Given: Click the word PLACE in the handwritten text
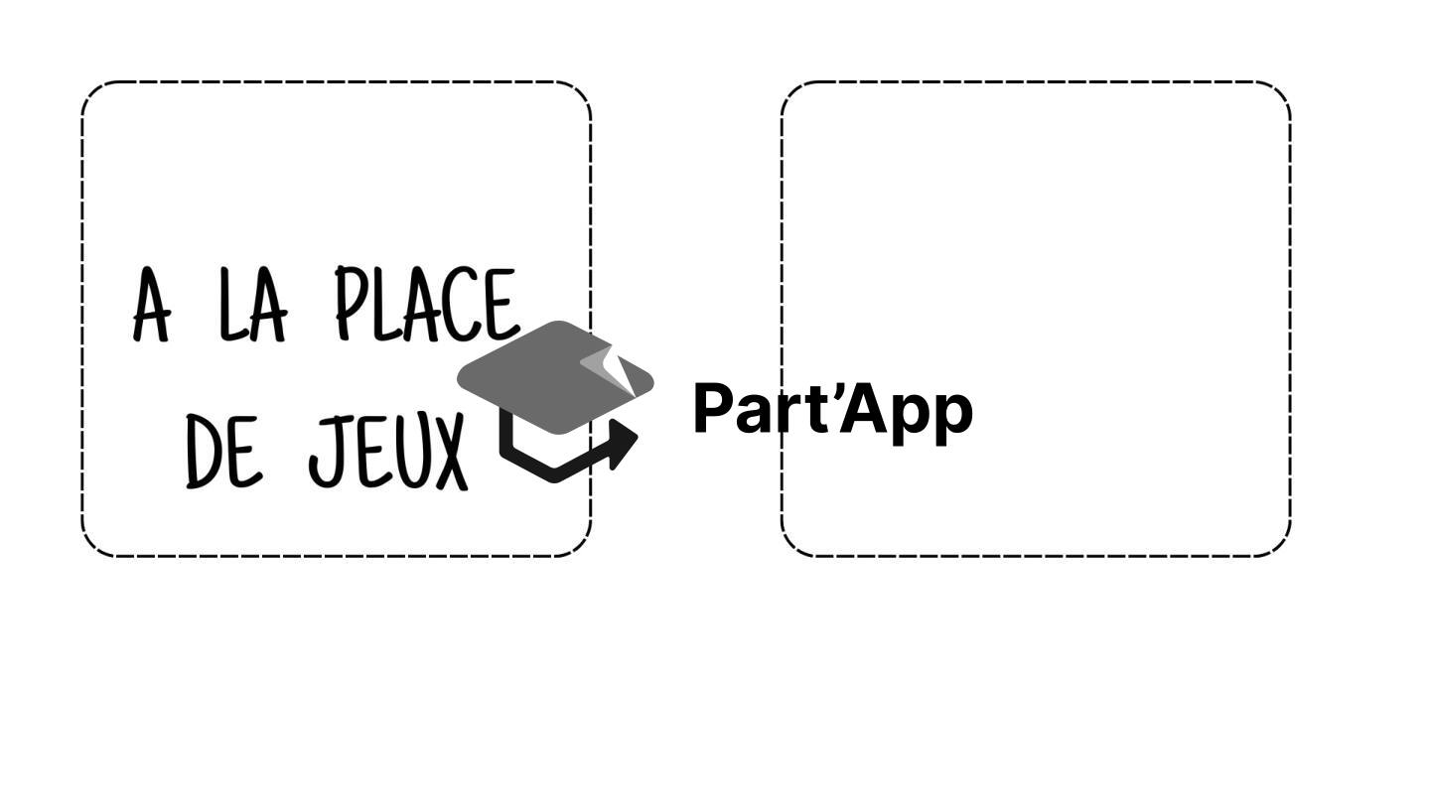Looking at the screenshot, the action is point(426,305).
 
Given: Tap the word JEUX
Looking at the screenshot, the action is point(388,452).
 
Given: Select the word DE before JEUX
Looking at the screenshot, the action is point(223,452).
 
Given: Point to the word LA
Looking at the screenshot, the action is point(253,305).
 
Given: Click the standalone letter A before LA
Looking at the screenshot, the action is point(152,305).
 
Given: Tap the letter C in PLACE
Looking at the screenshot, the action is point(461,305).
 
